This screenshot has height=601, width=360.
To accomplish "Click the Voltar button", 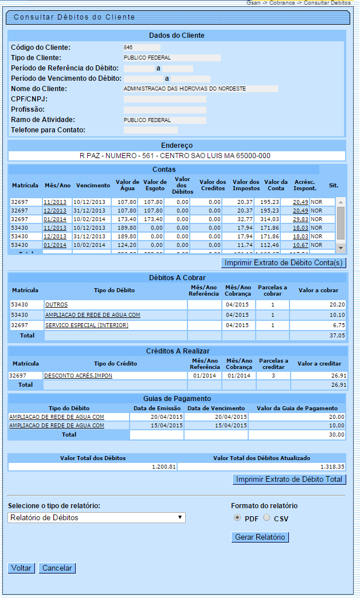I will (22, 568).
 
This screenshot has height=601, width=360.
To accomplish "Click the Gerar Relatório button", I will (260, 537).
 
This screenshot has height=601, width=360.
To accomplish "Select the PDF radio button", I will (237, 518).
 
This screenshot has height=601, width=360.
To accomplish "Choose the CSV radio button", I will (266, 518).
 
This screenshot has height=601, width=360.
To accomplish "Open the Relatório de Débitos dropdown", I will (97, 517).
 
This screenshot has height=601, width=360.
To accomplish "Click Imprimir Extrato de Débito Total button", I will (289, 480).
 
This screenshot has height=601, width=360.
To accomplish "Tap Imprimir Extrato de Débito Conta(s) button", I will (283, 263).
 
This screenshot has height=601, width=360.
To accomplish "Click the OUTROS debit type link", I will (56, 305).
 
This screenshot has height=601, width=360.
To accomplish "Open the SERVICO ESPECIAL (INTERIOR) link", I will (87, 325).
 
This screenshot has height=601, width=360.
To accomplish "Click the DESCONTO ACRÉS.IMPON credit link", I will (78, 376).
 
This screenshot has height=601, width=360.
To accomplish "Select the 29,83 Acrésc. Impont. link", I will (300, 219).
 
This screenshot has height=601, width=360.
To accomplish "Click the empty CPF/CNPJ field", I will (165, 99).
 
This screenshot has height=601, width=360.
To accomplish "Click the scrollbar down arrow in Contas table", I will (341, 248).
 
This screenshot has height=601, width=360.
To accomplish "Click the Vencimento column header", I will (93, 186).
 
